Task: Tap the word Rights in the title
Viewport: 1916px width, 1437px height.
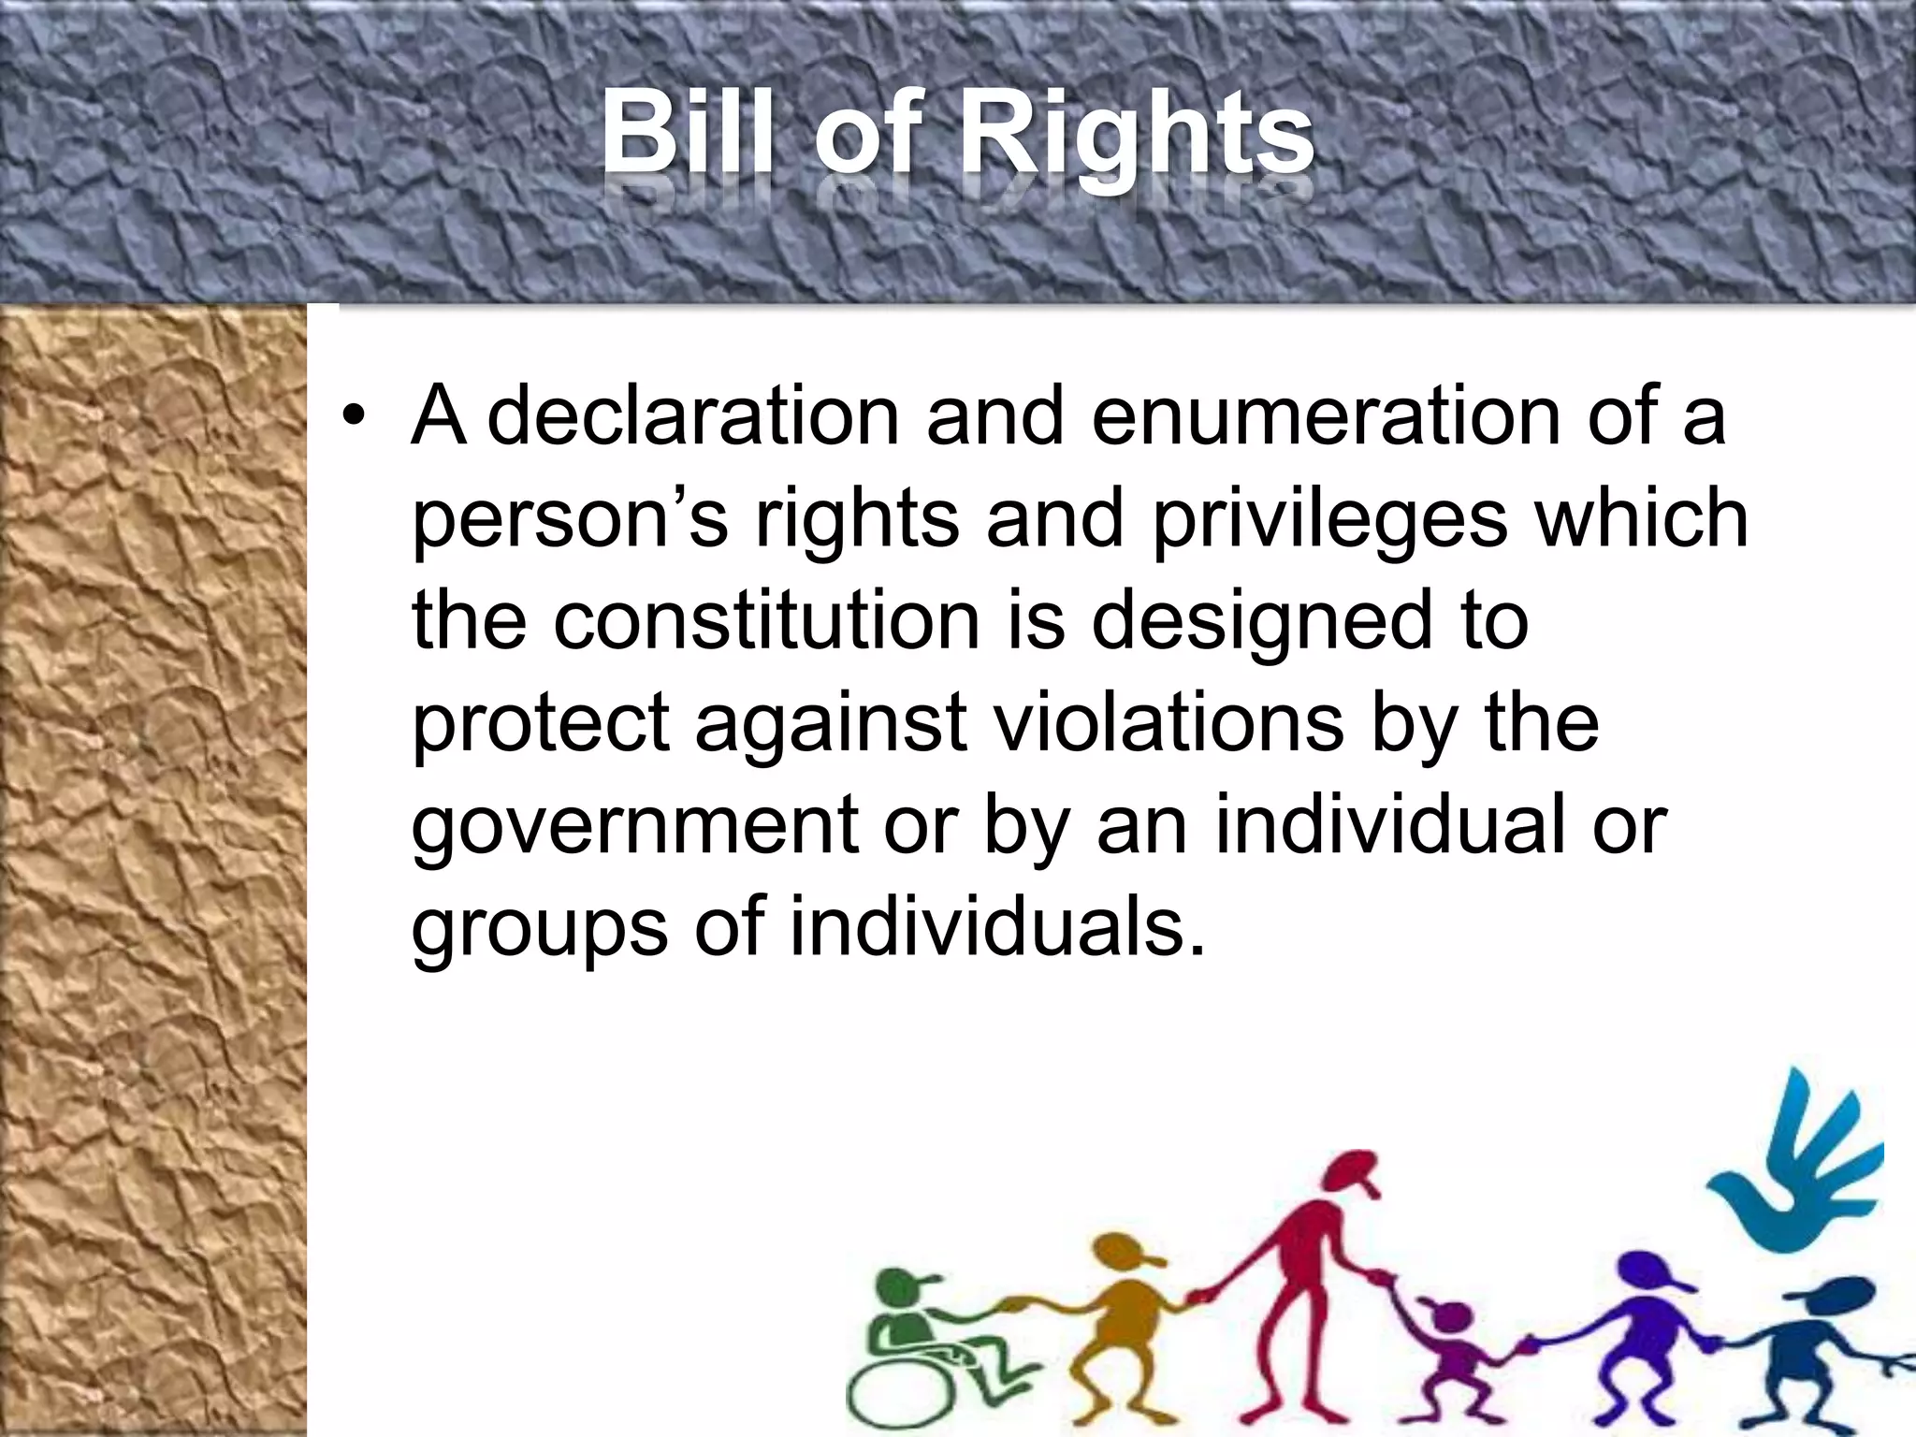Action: (x=1138, y=140)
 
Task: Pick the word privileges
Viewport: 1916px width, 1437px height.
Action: (x=1328, y=520)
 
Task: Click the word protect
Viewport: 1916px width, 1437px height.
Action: (x=540, y=725)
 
